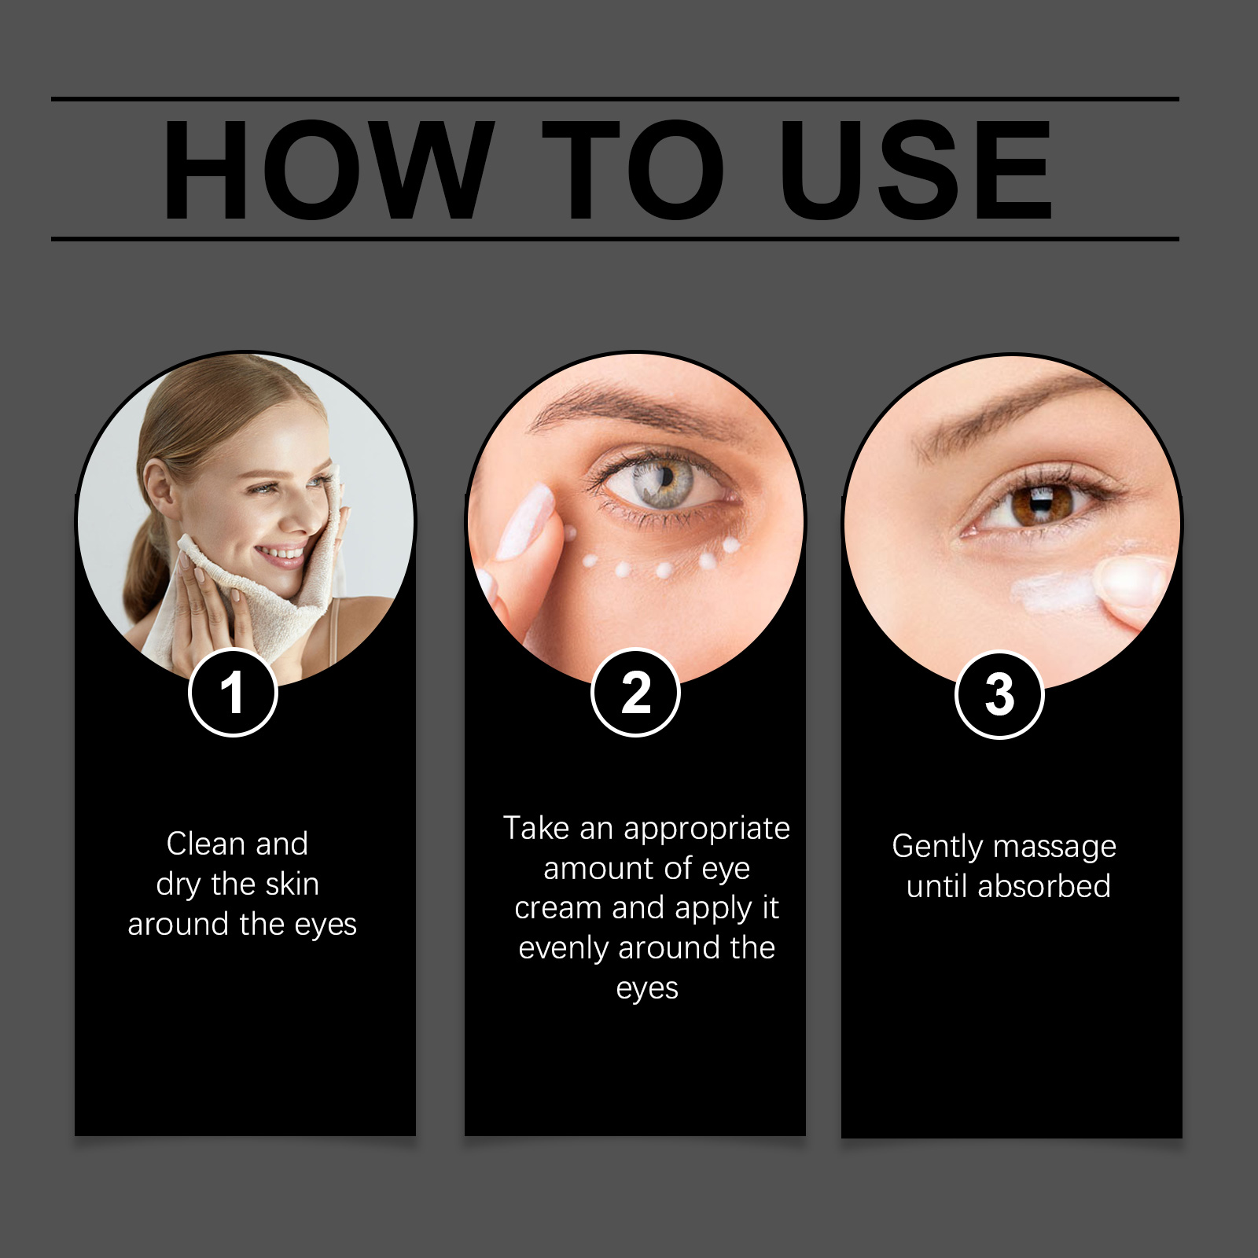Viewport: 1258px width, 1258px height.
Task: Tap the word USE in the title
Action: (915, 170)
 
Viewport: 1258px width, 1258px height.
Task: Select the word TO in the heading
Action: (633, 170)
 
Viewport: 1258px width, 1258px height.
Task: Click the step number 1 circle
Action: (233, 693)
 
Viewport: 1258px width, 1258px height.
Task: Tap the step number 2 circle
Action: (635, 693)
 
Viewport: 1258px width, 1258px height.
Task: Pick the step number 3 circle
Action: (999, 695)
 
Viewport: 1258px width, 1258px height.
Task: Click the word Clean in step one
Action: (206, 844)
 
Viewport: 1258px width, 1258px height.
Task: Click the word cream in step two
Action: (558, 908)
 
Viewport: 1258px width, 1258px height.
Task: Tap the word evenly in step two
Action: (564, 949)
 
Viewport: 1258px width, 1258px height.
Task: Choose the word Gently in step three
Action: (937, 848)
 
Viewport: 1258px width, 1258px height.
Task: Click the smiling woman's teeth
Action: (281, 554)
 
